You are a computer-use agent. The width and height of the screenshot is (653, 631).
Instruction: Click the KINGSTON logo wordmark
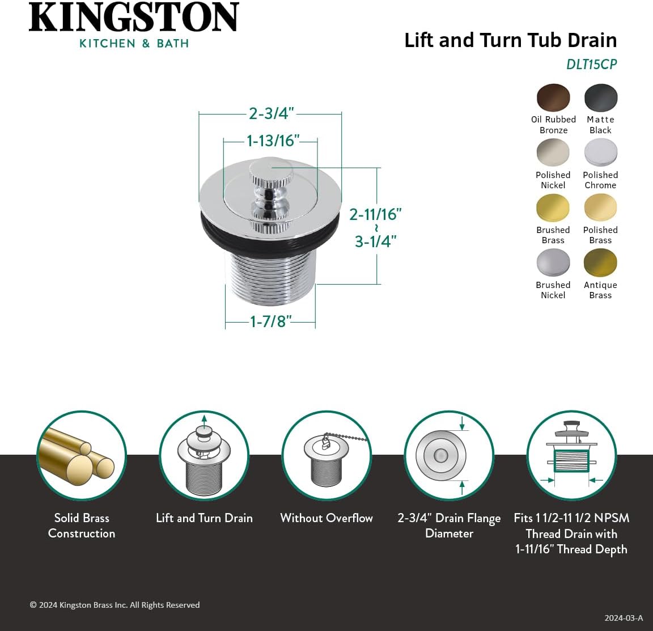tap(134, 18)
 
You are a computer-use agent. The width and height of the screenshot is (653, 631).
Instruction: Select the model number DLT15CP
tap(591, 65)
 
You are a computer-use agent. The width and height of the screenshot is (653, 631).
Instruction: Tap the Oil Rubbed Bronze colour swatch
tap(553, 98)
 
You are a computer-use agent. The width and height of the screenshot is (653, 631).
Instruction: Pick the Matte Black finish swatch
tap(601, 98)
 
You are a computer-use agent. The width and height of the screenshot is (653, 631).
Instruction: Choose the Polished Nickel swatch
tap(553, 153)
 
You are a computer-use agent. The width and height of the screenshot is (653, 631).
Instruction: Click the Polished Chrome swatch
tap(601, 153)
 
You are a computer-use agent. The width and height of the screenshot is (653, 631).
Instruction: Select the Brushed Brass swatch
tap(553, 207)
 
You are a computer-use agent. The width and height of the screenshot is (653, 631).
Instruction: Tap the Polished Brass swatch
tap(601, 207)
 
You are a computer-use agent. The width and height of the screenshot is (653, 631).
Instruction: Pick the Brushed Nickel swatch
tap(553, 262)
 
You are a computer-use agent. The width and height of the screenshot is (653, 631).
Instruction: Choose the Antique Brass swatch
tap(601, 262)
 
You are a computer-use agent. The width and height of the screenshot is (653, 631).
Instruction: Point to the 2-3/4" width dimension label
tap(271, 113)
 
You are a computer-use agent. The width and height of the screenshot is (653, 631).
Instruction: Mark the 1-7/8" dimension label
tap(270, 321)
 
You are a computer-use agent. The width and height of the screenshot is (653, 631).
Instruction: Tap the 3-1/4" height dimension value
tap(375, 241)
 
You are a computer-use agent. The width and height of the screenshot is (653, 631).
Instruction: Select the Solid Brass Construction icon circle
tap(82, 456)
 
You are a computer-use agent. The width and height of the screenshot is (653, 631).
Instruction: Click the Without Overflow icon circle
tap(326, 456)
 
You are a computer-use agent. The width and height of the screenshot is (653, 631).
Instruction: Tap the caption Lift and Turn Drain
tap(204, 518)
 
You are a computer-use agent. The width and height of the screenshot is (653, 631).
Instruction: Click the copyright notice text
tap(115, 605)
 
